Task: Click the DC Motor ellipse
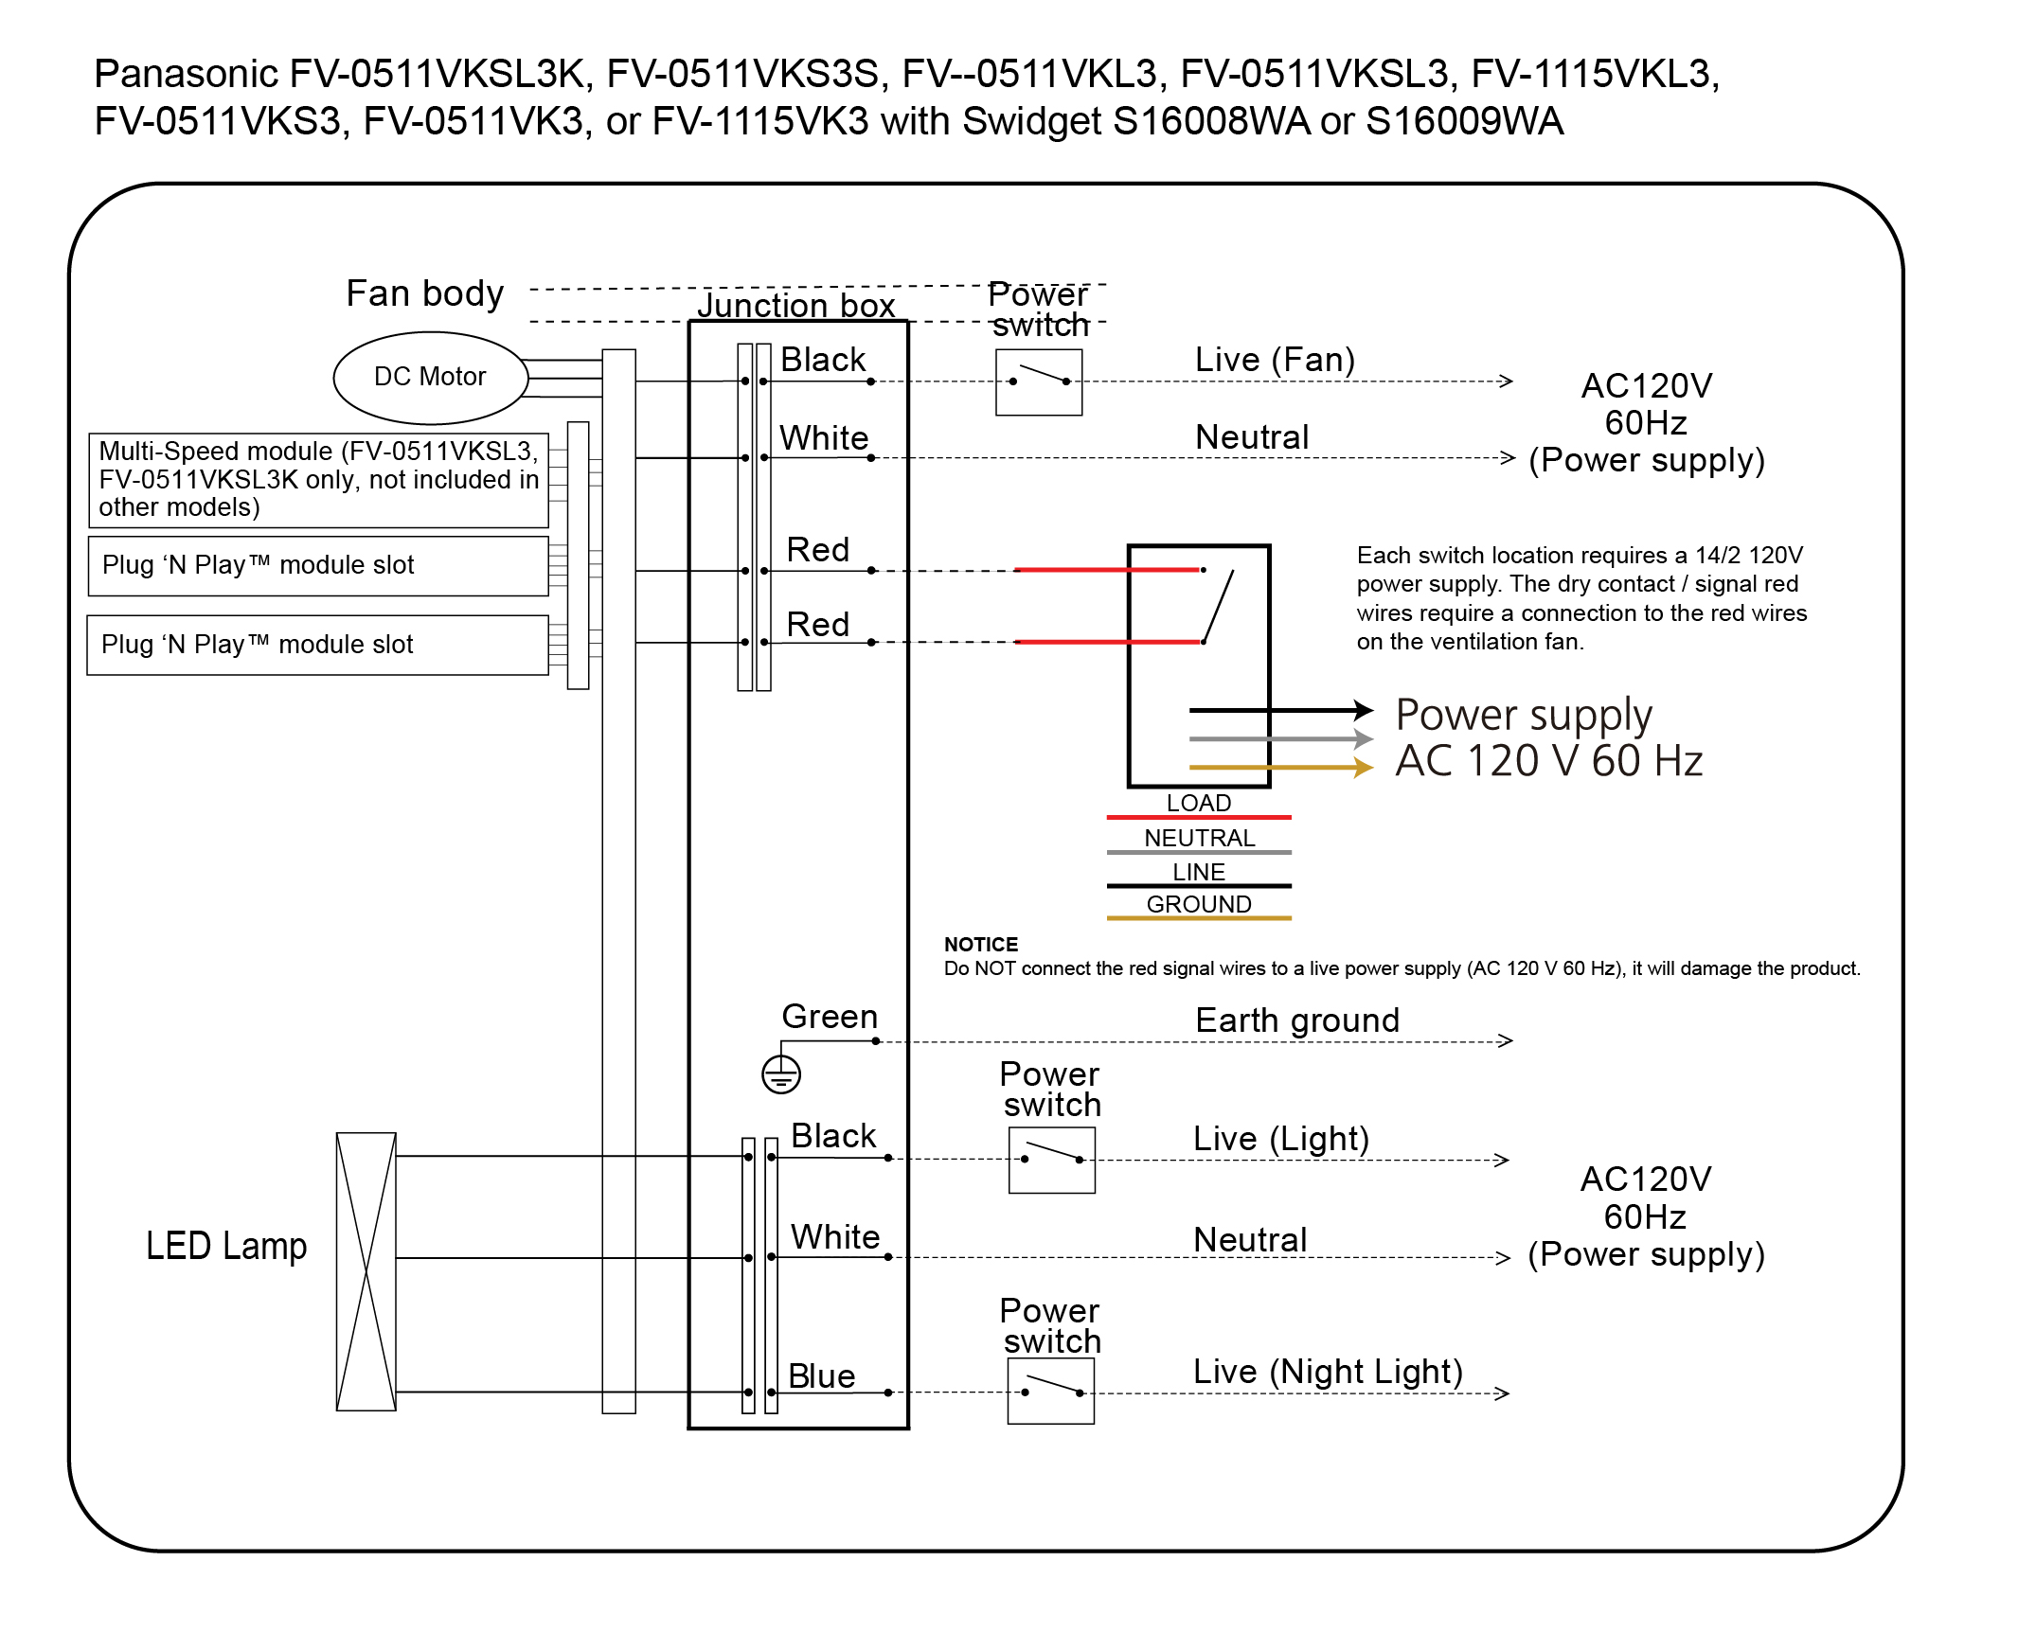[431, 377]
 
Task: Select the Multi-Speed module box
[318, 479]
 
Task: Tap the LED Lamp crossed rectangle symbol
[366, 1271]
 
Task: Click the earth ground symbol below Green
[781, 1074]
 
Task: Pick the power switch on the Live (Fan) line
[1038, 381]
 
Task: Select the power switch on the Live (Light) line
[1051, 1159]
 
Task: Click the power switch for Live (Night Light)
[1050, 1391]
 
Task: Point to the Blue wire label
[821, 1375]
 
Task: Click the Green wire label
[830, 1016]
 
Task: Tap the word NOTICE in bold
[980, 944]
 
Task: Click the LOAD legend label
[1198, 803]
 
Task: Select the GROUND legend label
[1198, 904]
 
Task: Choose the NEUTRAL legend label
[1199, 838]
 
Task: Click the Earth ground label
[1296, 1020]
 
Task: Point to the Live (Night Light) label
[1328, 1371]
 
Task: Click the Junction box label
[795, 305]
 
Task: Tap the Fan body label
[424, 293]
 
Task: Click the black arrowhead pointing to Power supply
[1364, 709]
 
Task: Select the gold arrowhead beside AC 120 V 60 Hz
[1364, 767]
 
